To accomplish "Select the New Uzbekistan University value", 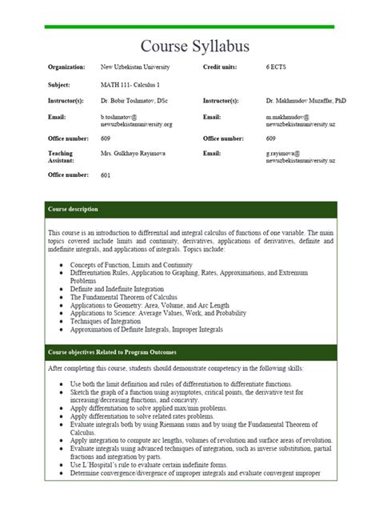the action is click(x=135, y=67).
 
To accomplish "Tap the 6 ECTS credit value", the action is click(x=277, y=67).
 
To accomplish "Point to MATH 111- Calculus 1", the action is click(x=129, y=84).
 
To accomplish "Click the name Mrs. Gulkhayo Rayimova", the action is click(x=133, y=152).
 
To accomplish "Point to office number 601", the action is click(x=106, y=175).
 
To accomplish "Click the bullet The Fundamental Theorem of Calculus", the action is click(x=126, y=295).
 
